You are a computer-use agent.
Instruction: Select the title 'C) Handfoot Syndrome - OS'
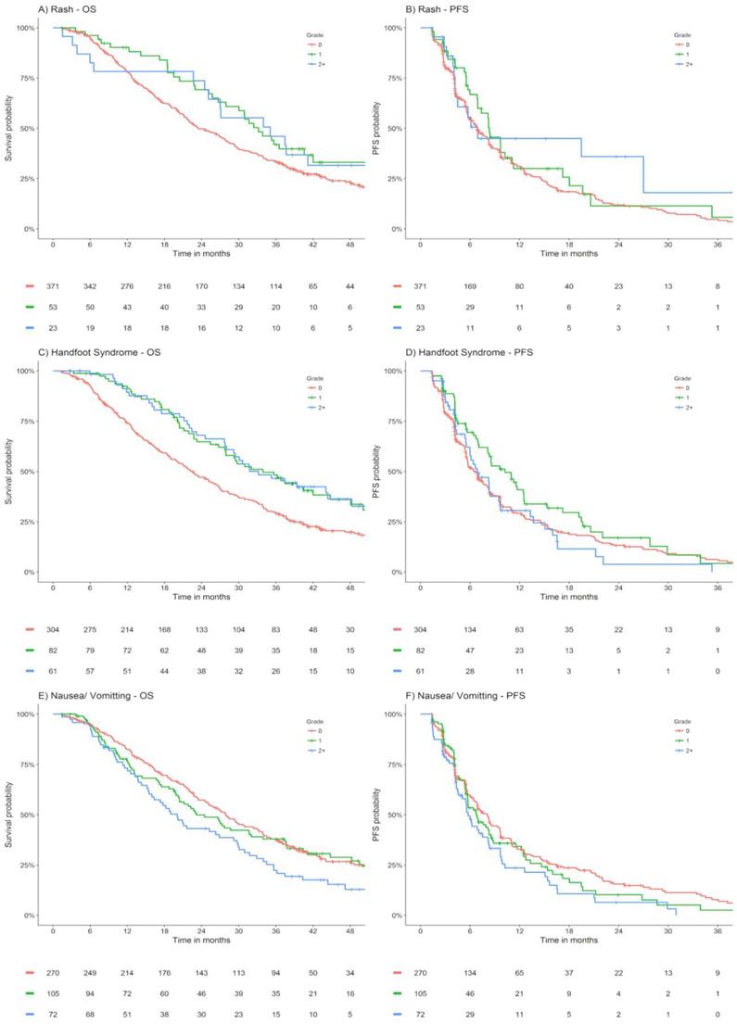68,352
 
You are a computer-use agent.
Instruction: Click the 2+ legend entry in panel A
322,64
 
